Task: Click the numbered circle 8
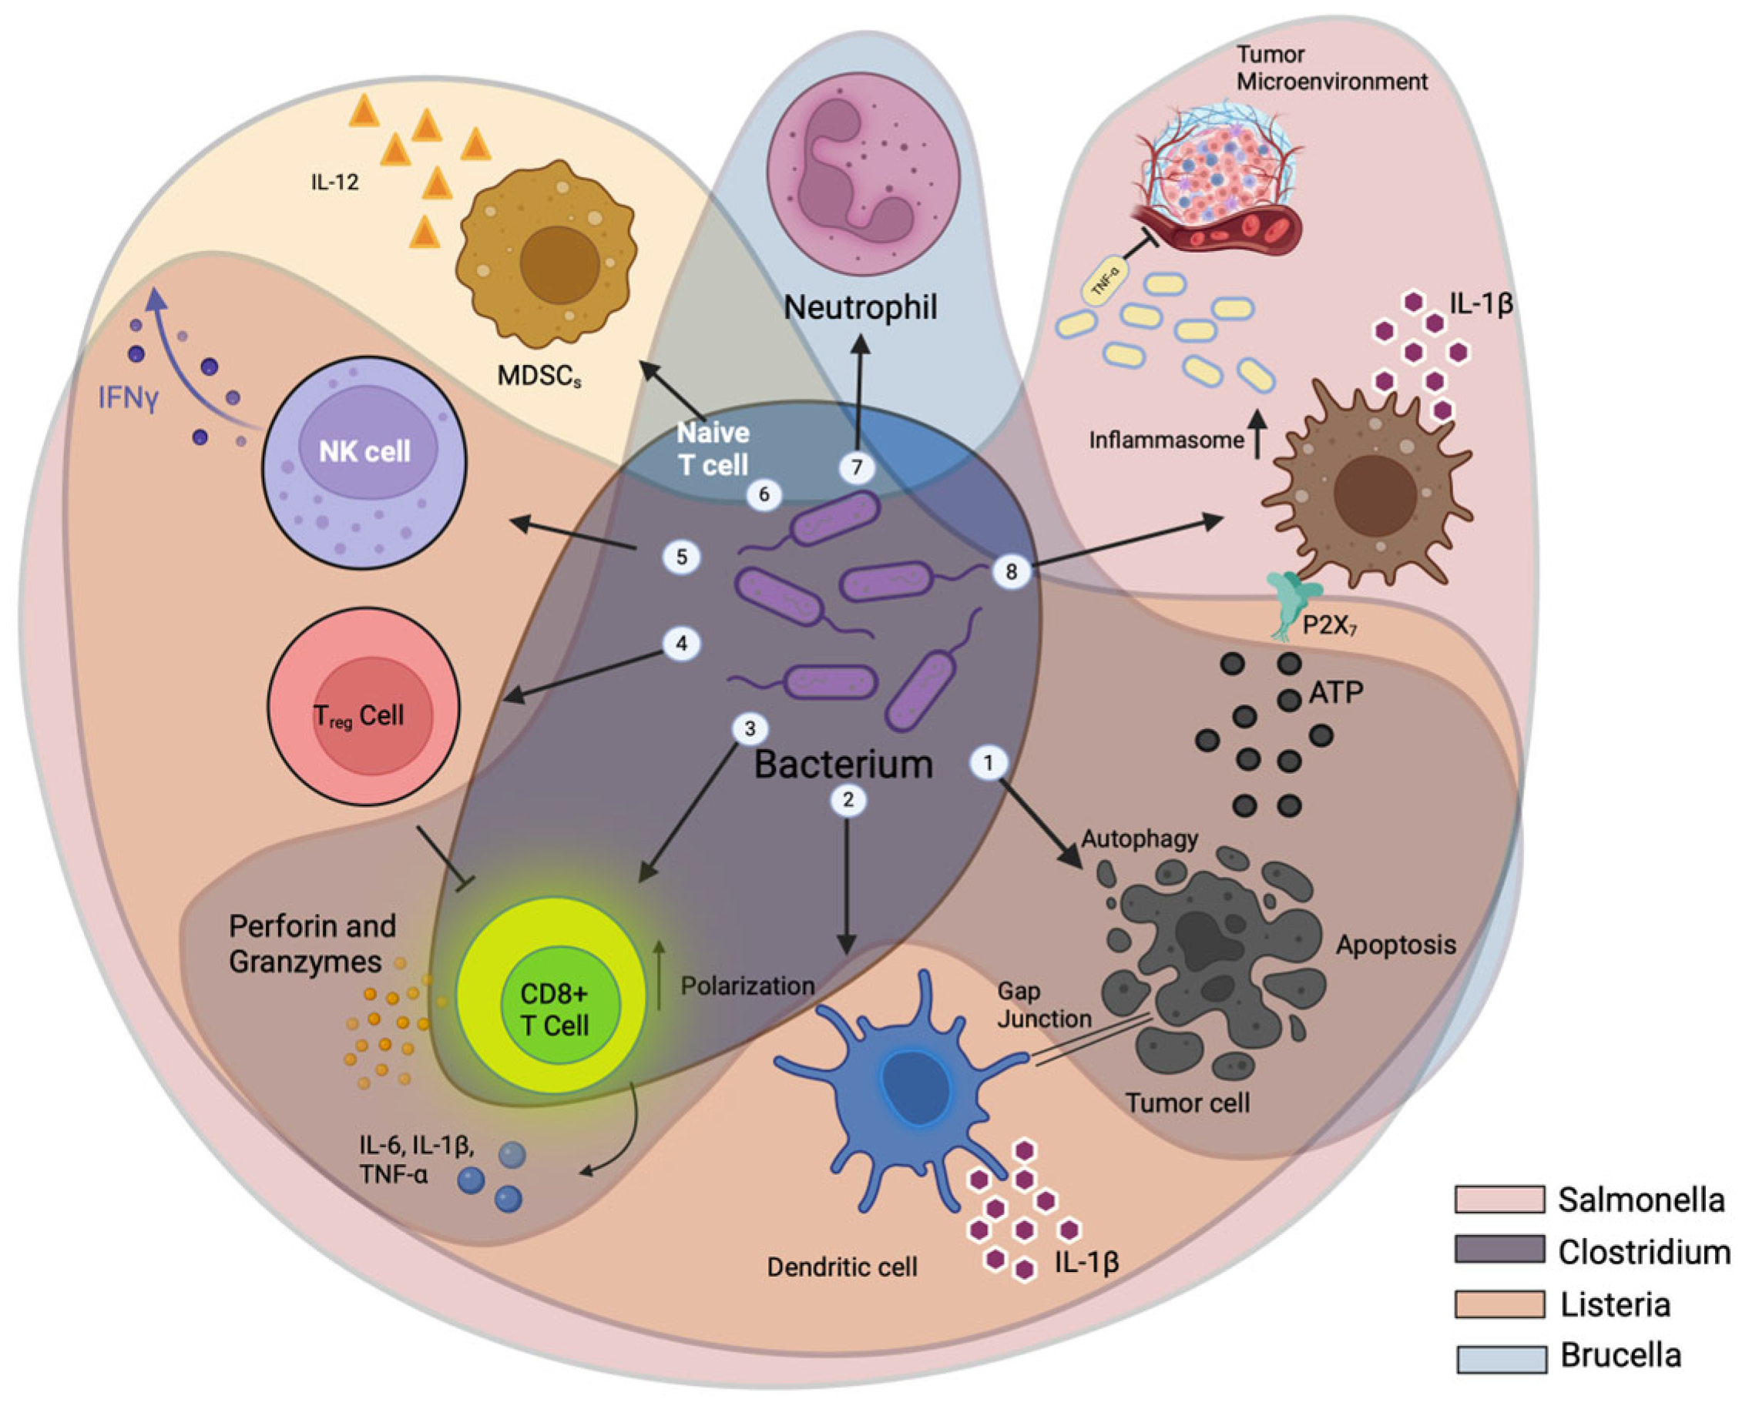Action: pos(1011,571)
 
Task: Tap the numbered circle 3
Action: pos(750,728)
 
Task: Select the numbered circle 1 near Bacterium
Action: pos(989,763)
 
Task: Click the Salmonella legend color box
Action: pos(1499,1200)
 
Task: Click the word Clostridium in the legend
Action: pos(1643,1253)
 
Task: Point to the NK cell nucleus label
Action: pos(364,451)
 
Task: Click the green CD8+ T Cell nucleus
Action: pos(555,1009)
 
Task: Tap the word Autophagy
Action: pos(1140,838)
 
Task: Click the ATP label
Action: pos(1336,693)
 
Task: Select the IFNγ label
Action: pos(127,399)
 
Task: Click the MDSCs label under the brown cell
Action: pos(539,376)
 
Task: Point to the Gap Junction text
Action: pos(1043,1005)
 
